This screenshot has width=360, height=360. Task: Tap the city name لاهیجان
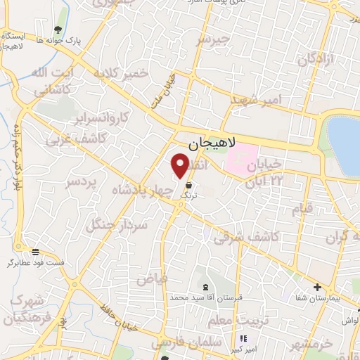tap(210, 145)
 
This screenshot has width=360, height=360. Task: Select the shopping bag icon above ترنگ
tap(188, 184)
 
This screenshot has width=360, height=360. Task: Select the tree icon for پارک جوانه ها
tap(56, 29)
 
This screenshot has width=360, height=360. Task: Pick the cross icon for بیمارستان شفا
tap(318, 287)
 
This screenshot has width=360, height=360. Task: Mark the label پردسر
tap(79, 183)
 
